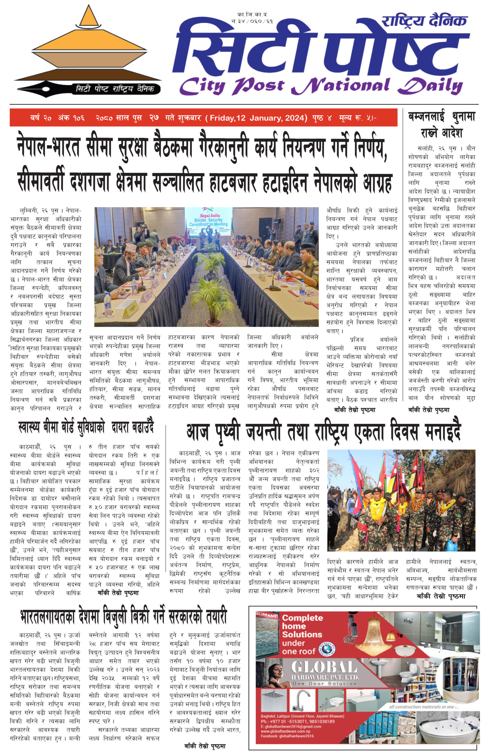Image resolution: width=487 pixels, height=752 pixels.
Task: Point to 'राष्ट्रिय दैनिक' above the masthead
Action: pos(424,21)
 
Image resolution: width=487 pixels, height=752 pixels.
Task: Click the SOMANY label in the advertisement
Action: pos(266,616)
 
